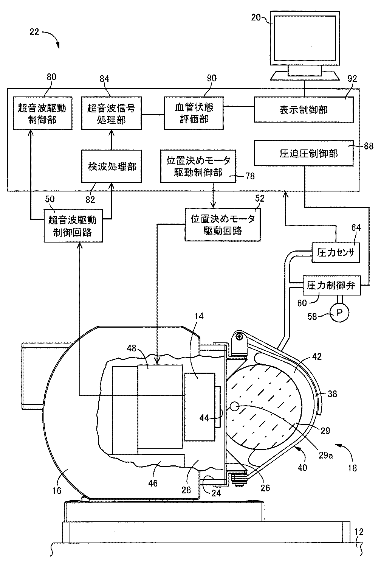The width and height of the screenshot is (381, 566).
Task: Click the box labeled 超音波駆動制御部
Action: (43, 113)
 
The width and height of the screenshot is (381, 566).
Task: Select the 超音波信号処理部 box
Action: (112, 113)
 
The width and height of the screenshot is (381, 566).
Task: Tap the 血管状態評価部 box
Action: (194, 113)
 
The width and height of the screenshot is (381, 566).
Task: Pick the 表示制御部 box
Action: (304, 109)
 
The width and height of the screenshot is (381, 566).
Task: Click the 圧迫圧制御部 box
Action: (304, 153)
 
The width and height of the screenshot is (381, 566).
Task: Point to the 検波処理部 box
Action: (112, 166)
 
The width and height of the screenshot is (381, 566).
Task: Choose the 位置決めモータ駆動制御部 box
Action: (198, 166)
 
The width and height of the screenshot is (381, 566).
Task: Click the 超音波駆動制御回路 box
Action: (73, 225)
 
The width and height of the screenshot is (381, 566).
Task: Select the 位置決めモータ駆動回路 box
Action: (223, 225)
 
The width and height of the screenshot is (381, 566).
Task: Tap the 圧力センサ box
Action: (336, 253)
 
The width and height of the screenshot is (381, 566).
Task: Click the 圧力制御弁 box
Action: (331, 285)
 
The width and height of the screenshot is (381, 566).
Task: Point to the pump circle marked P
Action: (339, 313)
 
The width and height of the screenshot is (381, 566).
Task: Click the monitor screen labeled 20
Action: (305, 38)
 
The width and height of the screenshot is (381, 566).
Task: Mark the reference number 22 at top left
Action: (34, 32)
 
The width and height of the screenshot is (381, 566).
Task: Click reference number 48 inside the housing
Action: (132, 348)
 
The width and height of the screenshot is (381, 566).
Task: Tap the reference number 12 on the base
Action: (359, 532)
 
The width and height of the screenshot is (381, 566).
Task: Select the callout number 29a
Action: (325, 455)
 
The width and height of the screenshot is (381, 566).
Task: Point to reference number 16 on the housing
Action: (57, 490)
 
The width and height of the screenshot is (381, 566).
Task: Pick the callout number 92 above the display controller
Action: (352, 79)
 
